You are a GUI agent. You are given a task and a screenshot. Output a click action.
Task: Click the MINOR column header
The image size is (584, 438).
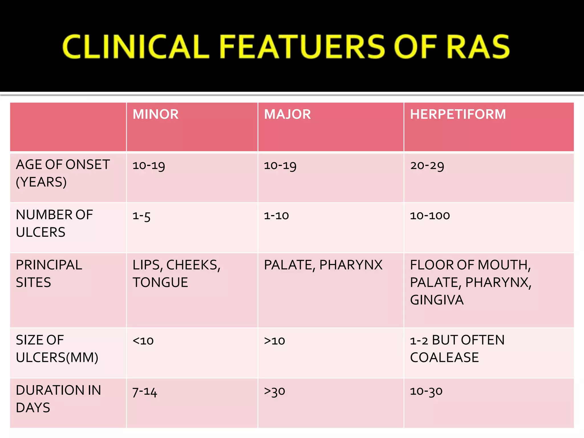click(155, 114)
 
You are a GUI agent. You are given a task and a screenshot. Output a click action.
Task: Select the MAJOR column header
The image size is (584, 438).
click(287, 114)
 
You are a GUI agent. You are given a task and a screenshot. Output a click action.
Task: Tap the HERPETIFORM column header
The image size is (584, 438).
click(458, 114)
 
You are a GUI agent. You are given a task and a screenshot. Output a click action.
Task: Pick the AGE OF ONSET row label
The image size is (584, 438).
click(63, 173)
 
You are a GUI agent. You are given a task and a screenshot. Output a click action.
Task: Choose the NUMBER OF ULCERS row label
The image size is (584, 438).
click(54, 223)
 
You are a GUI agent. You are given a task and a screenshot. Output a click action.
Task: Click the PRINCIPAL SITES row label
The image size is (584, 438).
click(49, 273)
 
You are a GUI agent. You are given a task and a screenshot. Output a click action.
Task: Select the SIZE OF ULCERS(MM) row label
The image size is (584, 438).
click(57, 348)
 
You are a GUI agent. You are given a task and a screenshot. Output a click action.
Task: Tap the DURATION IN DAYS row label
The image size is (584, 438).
click(58, 399)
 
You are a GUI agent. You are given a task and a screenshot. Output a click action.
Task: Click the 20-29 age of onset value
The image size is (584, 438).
click(427, 165)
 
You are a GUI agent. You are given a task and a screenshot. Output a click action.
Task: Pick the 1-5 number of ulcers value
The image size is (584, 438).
click(141, 216)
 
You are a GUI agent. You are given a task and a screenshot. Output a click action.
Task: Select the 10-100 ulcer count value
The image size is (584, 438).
click(430, 216)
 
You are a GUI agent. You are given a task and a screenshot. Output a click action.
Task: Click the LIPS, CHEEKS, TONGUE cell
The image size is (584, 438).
click(176, 273)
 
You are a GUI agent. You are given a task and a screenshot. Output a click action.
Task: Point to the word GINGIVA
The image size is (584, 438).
click(437, 300)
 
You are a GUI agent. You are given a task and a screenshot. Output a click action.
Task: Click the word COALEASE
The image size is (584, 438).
click(444, 358)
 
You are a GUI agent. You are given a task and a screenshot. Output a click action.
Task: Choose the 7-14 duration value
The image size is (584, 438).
click(145, 392)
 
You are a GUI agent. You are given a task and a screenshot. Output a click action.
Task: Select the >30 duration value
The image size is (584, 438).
click(274, 391)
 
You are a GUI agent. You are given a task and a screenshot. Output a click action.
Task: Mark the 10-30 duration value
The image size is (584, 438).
click(426, 391)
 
